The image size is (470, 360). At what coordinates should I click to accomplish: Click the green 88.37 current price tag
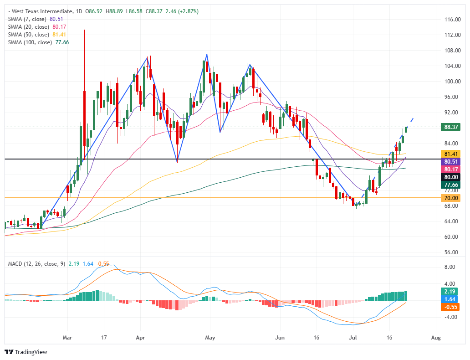click(x=450, y=127)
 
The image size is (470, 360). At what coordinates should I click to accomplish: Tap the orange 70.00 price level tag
click(x=450, y=198)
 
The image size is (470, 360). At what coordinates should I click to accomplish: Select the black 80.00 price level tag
click(x=450, y=177)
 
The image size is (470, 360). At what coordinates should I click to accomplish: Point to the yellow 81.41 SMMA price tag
click(x=450, y=154)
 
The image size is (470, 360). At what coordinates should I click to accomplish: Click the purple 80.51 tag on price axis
click(x=450, y=162)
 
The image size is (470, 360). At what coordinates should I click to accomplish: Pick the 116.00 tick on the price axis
click(x=452, y=20)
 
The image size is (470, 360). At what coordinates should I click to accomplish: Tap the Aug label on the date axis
click(x=436, y=338)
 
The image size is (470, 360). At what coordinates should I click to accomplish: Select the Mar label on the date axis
click(x=67, y=338)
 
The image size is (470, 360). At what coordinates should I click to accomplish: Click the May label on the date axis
click(x=210, y=338)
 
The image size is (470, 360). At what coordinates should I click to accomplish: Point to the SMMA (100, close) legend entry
click(x=30, y=42)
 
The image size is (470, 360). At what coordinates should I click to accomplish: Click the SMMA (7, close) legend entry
click(x=27, y=19)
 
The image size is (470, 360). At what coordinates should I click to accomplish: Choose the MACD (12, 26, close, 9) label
click(x=36, y=264)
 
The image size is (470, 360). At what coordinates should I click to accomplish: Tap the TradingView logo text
click(x=31, y=352)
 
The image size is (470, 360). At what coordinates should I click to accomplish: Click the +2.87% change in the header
click(x=189, y=11)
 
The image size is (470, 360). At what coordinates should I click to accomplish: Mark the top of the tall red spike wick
click(x=85, y=30)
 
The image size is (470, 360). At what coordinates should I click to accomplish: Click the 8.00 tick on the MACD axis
click(x=450, y=267)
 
